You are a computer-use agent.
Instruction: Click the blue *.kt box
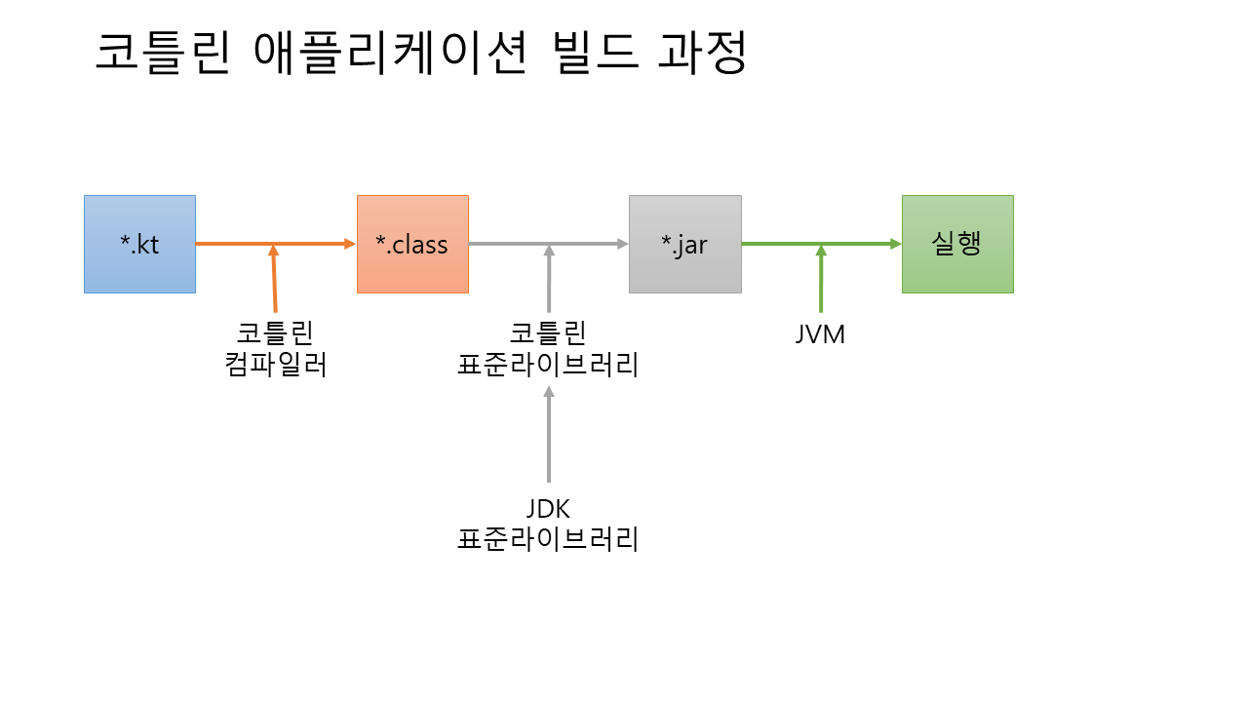click(x=139, y=244)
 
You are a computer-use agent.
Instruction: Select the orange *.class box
click(x=412, y=244)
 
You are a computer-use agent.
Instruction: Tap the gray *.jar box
click(x=684, y=244)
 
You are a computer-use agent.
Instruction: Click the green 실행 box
click(x=957, y=244)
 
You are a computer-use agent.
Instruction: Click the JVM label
click(x=820, y=334)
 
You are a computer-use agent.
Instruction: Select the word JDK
click(x=547, y=508)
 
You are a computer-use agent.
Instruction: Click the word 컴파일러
click(x=275, y=366)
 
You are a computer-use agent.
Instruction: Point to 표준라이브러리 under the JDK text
click(x=548, y=539)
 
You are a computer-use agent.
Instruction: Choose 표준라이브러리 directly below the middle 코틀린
click(x=548, y=366)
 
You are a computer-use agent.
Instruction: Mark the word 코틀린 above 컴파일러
click(x=275, y=333)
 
